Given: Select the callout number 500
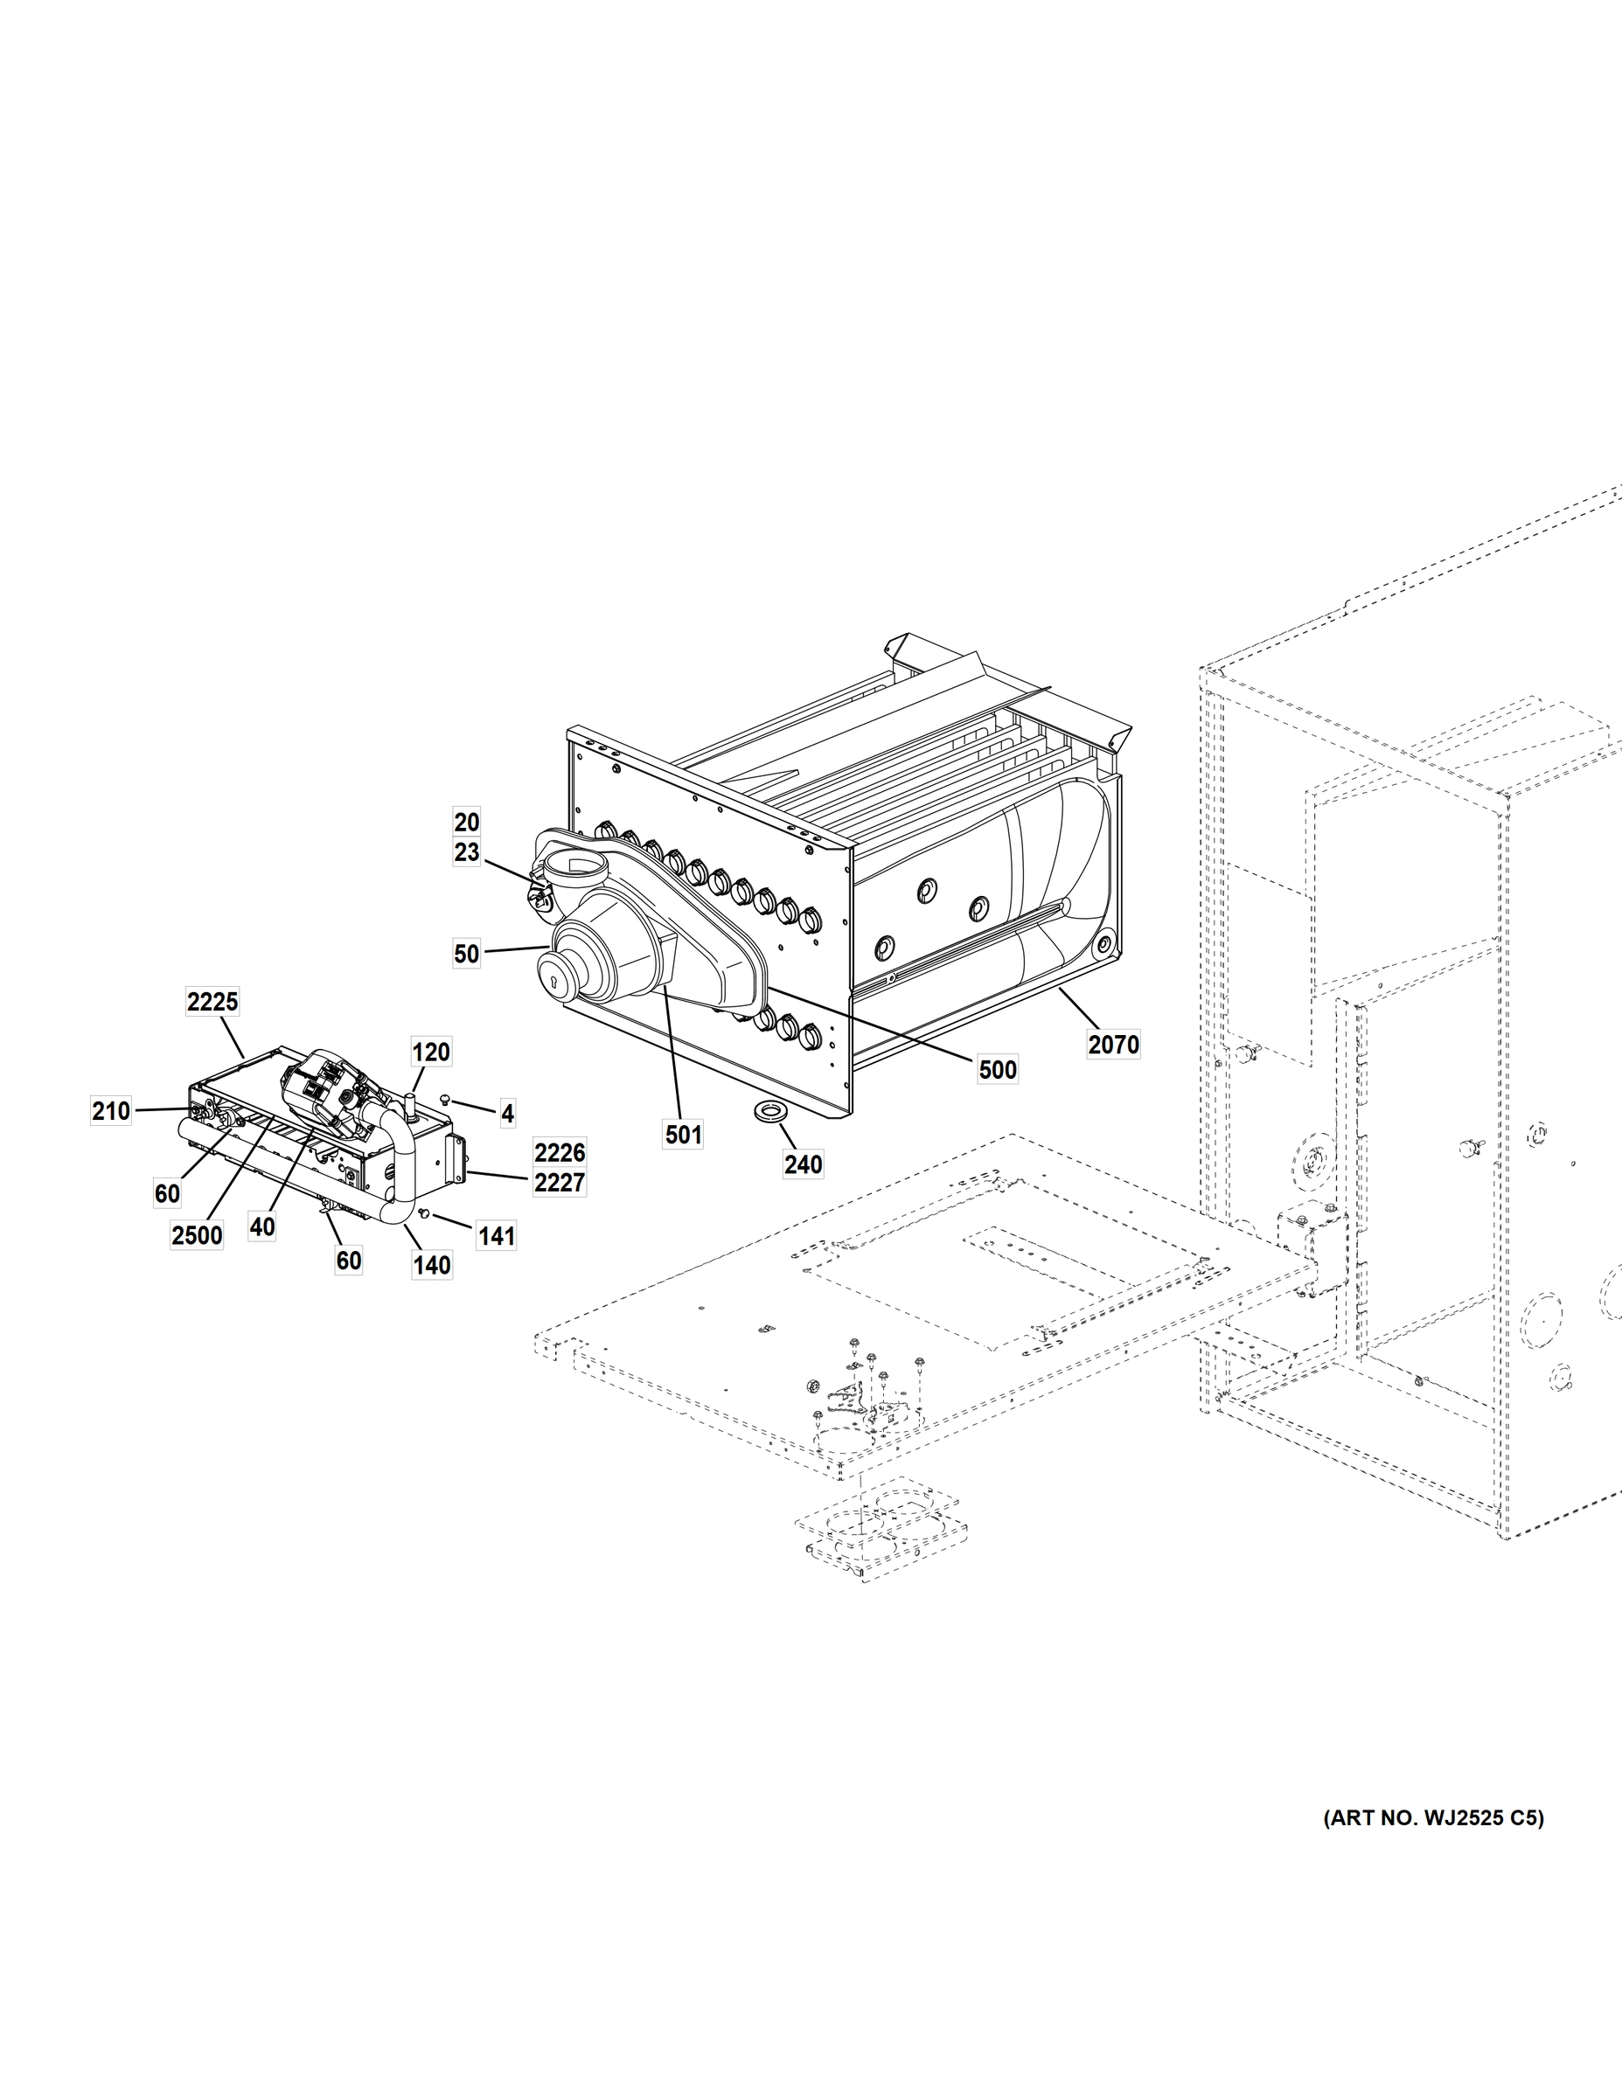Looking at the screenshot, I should point(998,1069).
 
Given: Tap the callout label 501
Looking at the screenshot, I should point(683,1135).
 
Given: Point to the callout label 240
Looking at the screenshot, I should point(803,1164).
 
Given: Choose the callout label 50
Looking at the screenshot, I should point(466,954).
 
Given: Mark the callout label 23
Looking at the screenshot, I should point(466,852).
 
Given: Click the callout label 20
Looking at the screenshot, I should point(466,823).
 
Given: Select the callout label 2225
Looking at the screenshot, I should point(212,1002).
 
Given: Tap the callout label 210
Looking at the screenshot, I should point(110,1111).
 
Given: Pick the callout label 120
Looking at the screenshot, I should point(430,1052).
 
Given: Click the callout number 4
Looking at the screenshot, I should point(507,1114).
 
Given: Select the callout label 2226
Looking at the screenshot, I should point(560,1152).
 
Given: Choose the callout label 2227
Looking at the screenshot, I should point(560,1183).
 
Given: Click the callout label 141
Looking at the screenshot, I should point(497,1235).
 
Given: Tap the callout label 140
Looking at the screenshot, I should point(431,1265).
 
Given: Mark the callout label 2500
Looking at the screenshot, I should point(197,1235).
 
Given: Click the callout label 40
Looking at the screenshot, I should point(261,1226).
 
